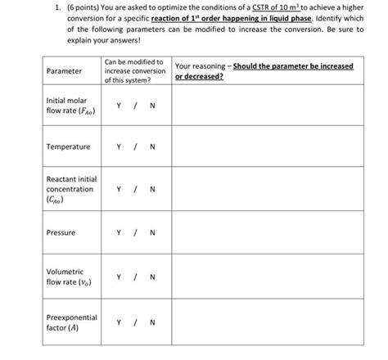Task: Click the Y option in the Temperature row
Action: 120,147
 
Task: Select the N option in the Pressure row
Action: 152,233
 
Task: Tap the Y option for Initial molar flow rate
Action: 120,106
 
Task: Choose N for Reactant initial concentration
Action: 152,190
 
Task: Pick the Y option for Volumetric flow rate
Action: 120,277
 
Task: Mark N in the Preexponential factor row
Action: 152,322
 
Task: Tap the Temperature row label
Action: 68,147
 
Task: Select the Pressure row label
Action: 61,233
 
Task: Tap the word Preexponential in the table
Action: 72,317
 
